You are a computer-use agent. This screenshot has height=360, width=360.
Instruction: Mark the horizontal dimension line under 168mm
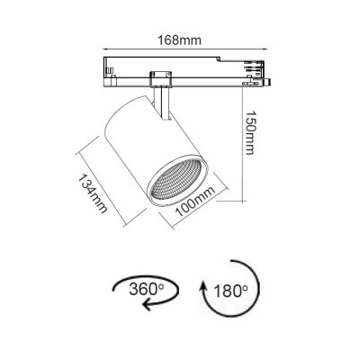tap(179, 49)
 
